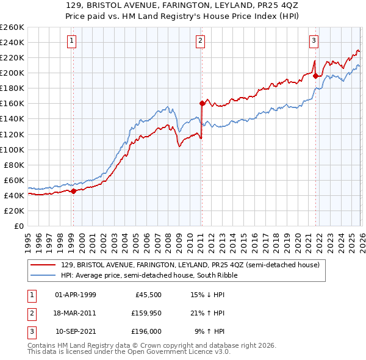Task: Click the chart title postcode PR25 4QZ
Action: [269, 5]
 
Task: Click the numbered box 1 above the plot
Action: [72, 41]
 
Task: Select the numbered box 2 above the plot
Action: [200, 41]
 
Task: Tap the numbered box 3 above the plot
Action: [314, 41]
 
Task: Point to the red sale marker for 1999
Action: [73, 191]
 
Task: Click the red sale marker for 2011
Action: [201, 103]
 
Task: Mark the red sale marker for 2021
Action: [315, 76]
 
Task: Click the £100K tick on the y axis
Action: [12, 149]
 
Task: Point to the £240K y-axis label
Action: [12, 42]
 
